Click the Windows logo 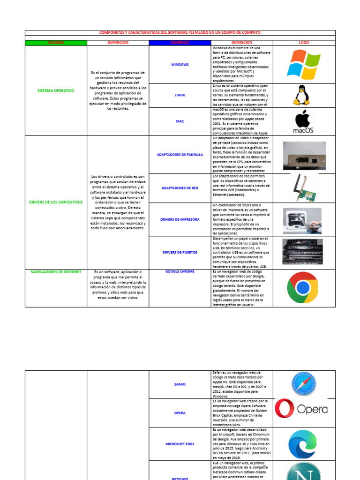[304, 65]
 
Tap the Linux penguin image [301, 95]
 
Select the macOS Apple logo [303, 122]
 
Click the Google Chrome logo [303, 287]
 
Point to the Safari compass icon [303, 384]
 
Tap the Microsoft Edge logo [302, 443]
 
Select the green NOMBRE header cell [56, 43]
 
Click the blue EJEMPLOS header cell [180, 43]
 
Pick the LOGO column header [304, 43]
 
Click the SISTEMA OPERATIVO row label [56, 90]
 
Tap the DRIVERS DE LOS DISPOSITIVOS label [56, 202]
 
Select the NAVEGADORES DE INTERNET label [56, 272]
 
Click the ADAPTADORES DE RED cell [180, 188]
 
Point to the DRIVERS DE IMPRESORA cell [180, 219]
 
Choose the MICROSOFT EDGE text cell [180, 443]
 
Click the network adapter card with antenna [303, 187]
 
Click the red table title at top [180, 32]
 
